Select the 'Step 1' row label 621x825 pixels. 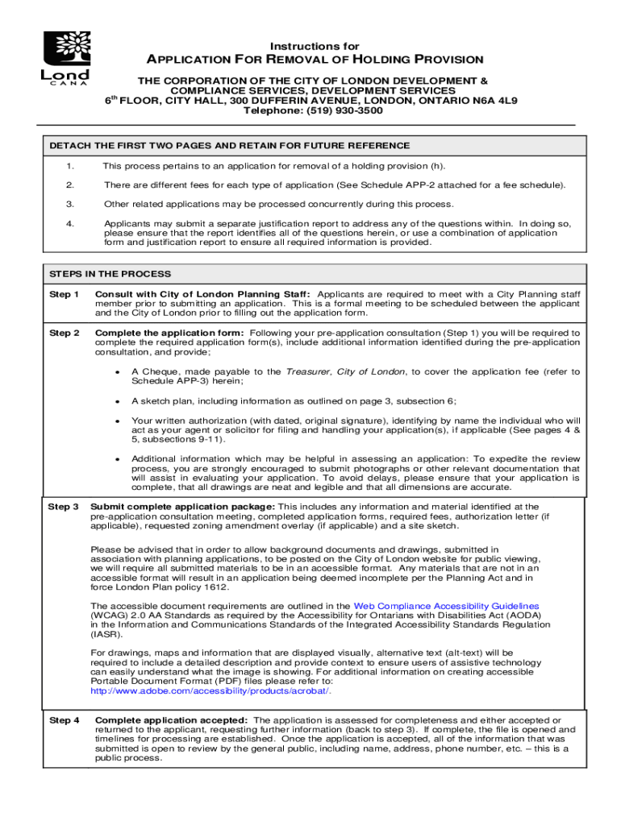pyautogui.click(x=65, y=295)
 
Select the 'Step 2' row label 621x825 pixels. pyautogui.click(x=65, y=333)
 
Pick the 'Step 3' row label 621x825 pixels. pyautogui.click(x=64, y=507)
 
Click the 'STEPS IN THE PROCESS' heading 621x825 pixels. pyautogui.click(x=110, y=274)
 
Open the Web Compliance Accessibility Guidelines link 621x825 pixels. pyautogui.click(x=447, y=606)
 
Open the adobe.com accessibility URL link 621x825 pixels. pyautogui.click(x=210, y=690)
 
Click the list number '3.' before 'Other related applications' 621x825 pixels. pyautogui.click(x=70, y=205)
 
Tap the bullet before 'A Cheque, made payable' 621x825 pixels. pyautogui.click(x=118, y=372)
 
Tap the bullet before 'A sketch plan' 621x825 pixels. pyautogui.click(x=118, y=401)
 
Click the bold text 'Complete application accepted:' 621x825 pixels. pyautogui.click(x=171, y=720)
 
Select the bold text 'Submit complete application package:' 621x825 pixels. pyautogui.click(x=182, y=507)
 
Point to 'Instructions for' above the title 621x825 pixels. pyautogui.click(x=315, y=46)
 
